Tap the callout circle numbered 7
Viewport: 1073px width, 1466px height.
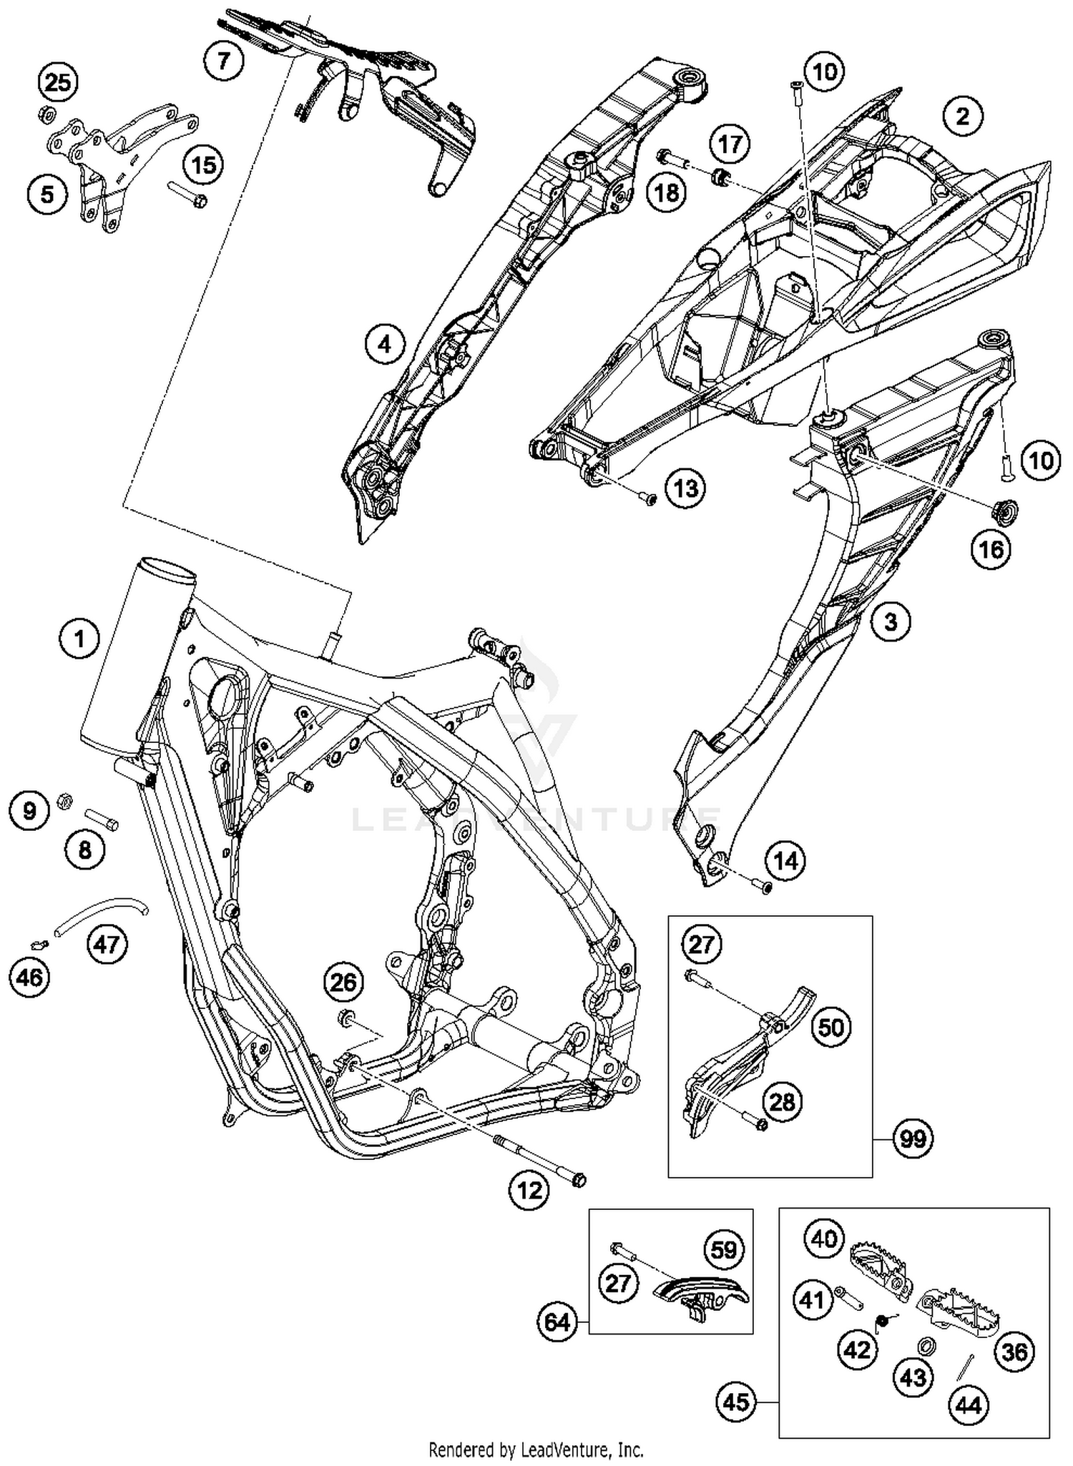coord(224,60)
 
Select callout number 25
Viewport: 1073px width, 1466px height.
coord(58,83)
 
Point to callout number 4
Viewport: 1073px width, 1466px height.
coord(385,345)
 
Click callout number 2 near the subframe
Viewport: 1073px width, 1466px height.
coord(962,116)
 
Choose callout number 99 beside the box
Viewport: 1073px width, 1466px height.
coord(912,1138)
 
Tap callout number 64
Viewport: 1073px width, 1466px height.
coord(557,1322)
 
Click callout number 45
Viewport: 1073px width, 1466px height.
coord(736,1401)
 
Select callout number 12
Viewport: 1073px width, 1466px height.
coord(529,1191)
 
